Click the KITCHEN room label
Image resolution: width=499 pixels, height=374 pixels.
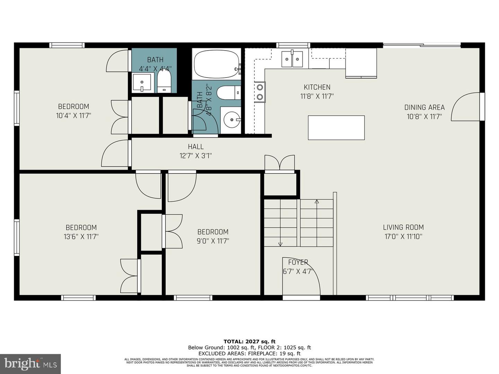(x=317, y=87)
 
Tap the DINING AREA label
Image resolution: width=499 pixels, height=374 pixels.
(x=424, y=107)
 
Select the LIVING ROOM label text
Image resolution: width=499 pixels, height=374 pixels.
(x=403, y=228)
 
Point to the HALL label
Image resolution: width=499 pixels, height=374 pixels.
(x=195, y=147)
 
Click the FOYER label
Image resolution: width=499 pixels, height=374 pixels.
(x=298, y=262)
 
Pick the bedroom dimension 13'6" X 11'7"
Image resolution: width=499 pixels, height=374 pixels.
(x=81, y=237)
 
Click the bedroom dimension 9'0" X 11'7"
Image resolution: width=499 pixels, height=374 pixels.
(x=213, y=241)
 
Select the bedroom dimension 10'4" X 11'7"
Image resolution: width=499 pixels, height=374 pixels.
(x=73, y=116)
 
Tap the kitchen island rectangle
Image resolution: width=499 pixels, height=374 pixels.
(x=336, y=127)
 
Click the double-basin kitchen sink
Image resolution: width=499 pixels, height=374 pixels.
(x=292, y=59)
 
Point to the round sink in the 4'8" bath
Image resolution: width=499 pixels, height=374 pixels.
(x=230, y=120)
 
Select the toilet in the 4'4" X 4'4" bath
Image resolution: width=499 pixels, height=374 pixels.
(x=164, y=81)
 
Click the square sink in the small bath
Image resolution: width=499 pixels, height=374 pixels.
(x=142, y=83)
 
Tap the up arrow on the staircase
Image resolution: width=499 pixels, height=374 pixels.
(x=316, y=202)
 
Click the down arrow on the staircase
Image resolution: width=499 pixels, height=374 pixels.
(x=280, y=244)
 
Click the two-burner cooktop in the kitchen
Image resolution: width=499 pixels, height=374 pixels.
(x=260, y=92)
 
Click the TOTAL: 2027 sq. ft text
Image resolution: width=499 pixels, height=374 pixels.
(x=249, y=342)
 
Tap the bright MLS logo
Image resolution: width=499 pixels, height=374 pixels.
(x=30, y=364)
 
